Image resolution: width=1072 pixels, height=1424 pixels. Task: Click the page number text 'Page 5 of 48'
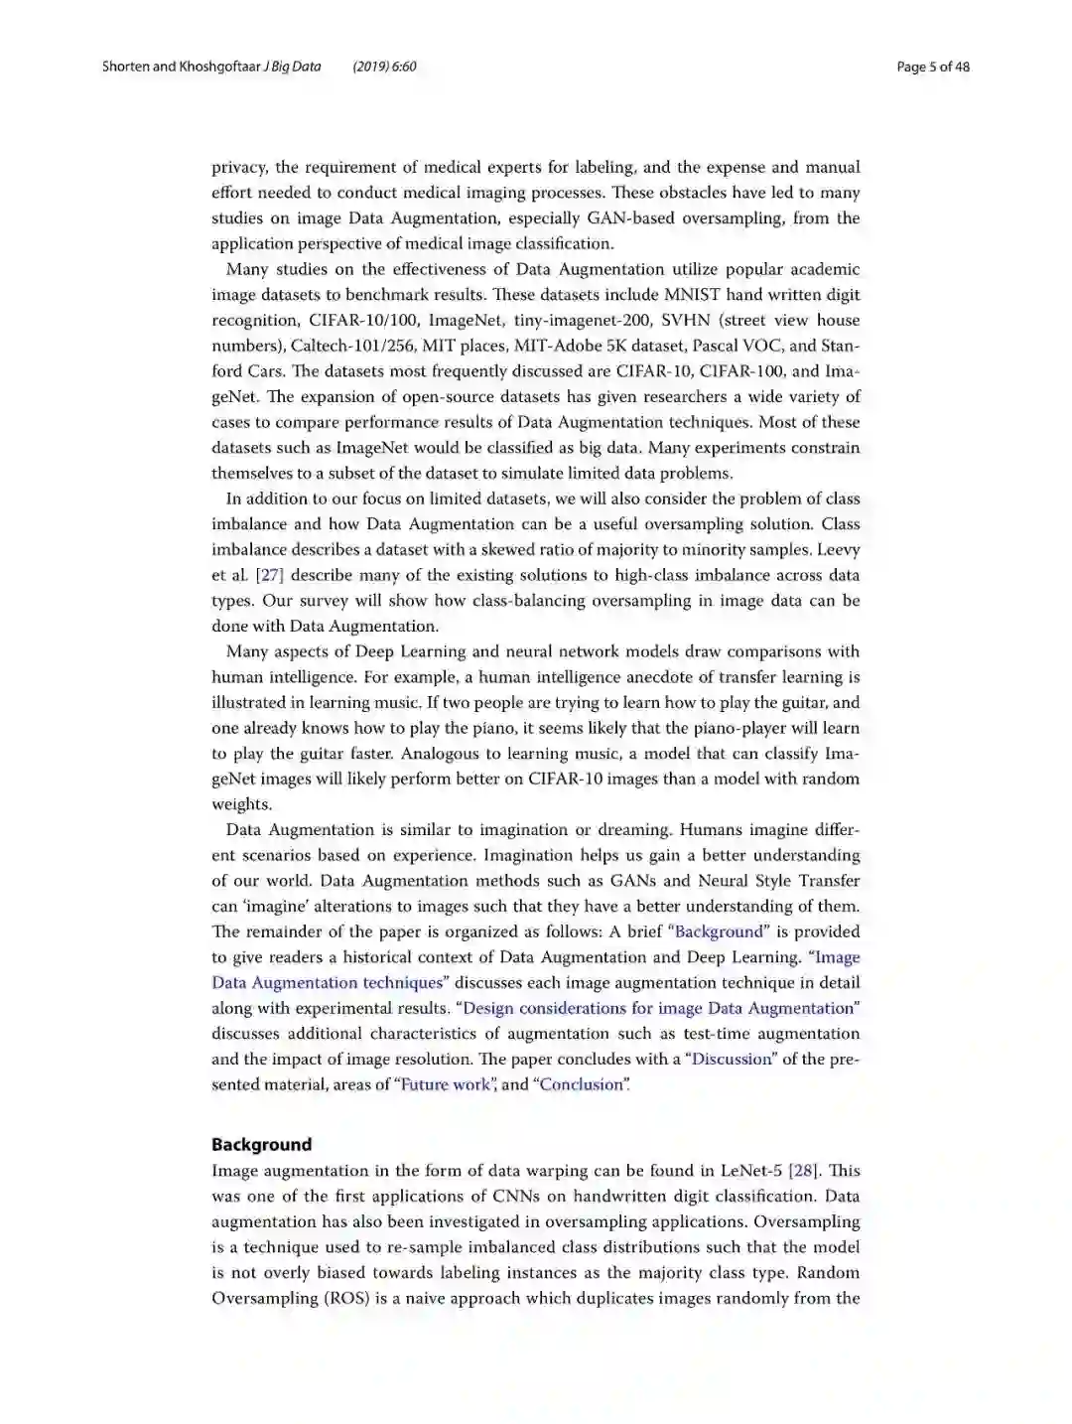[x=932, y=68]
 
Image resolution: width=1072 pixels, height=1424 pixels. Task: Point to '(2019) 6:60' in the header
[x=384, y=68]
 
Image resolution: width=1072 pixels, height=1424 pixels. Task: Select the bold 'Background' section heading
[x=261, y=1144]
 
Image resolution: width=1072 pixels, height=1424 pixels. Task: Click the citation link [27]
[x=270, y=575]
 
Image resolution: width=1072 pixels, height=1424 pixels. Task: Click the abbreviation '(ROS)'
[x=347, y=1298]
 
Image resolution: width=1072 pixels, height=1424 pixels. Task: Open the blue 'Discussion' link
[x=732, y=1059]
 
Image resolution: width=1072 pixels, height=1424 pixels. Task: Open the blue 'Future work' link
[x=446, y=1084]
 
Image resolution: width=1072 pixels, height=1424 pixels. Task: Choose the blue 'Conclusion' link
[x=581, y=1084]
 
